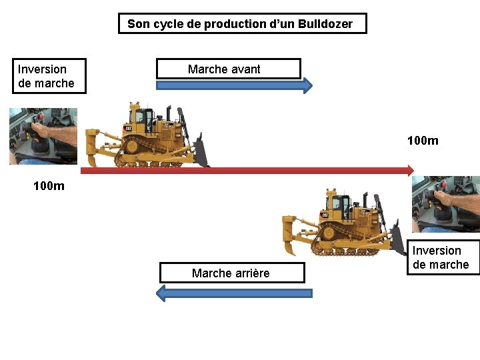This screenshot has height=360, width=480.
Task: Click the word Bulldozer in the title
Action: click(327, 24)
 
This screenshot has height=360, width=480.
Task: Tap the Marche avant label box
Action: click(228, 69)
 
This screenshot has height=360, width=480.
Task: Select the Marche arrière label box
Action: click(231, 273)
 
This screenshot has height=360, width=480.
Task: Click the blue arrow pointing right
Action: click(233, 85)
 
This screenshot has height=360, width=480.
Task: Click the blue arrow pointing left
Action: click(233, 293)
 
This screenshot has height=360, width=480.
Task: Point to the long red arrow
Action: click(247, 171)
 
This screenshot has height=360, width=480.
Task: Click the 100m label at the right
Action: click(423, 141)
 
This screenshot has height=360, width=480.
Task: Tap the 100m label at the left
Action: click(49, 186)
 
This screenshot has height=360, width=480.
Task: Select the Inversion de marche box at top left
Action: click(49, 76)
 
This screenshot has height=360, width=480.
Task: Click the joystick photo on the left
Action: click(43, 136)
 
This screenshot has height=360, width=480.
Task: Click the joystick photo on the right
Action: click(445, 203)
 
